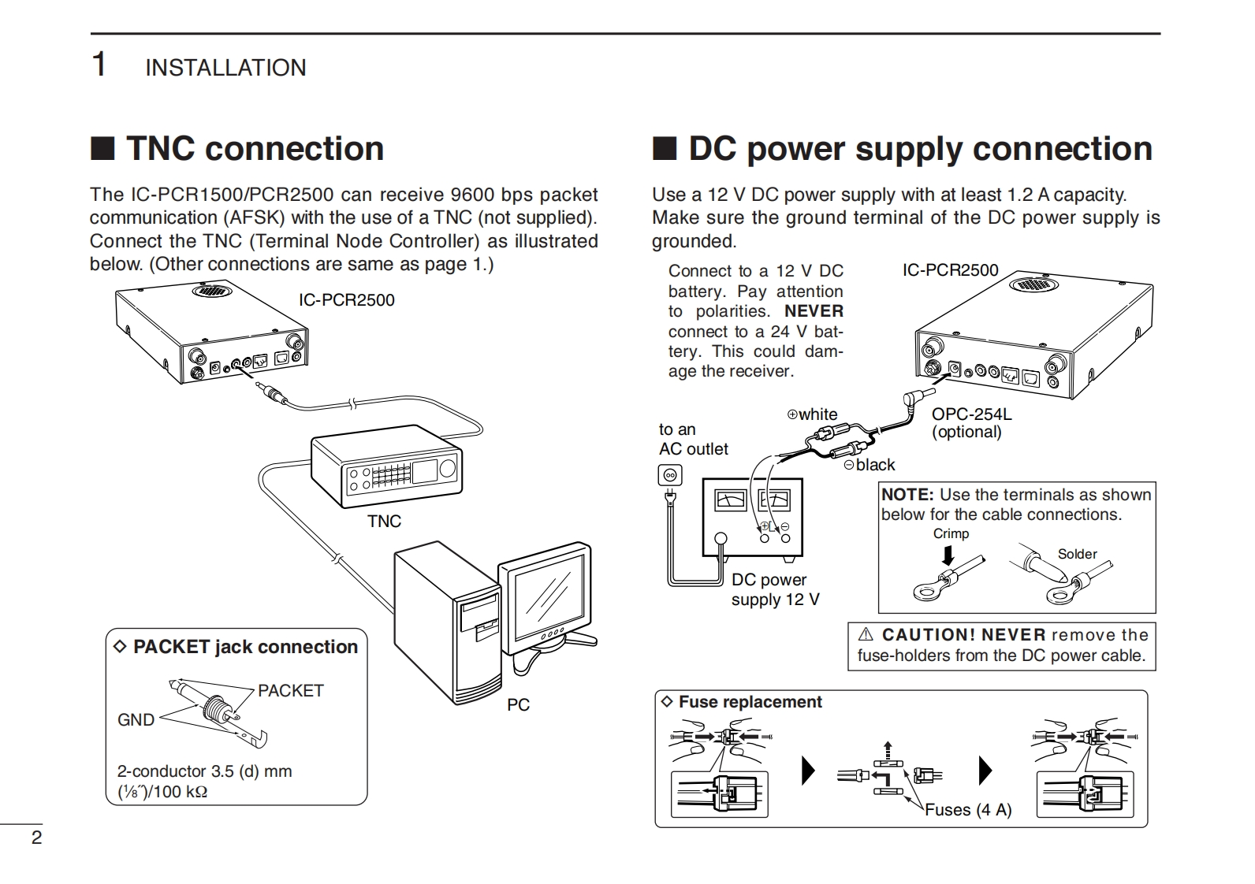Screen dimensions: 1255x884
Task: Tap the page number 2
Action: [36, 838]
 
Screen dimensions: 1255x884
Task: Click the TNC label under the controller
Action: [385, 522]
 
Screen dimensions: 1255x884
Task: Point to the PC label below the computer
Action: [518, 705]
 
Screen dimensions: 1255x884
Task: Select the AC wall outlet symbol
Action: [670, 476]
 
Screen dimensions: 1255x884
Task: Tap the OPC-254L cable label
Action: [971, 414]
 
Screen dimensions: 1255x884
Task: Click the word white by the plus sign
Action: [818, 414]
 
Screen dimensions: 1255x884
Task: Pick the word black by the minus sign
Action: [875, 465]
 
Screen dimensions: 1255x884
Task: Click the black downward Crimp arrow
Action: [948, 555]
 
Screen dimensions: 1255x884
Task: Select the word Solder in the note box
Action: [1077, 554]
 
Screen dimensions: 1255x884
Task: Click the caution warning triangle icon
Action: [866, 634]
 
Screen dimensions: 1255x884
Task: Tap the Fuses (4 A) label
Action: [968, 809]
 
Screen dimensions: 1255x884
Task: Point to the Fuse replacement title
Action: [750, 702]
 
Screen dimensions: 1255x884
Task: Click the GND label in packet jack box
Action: [136, 719]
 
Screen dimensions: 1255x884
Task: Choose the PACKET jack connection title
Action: [245, 647]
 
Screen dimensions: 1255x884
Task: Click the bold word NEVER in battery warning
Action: [814, 311]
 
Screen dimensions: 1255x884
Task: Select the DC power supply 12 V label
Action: [776, 589]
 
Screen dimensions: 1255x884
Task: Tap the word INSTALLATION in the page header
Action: [225, 68]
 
